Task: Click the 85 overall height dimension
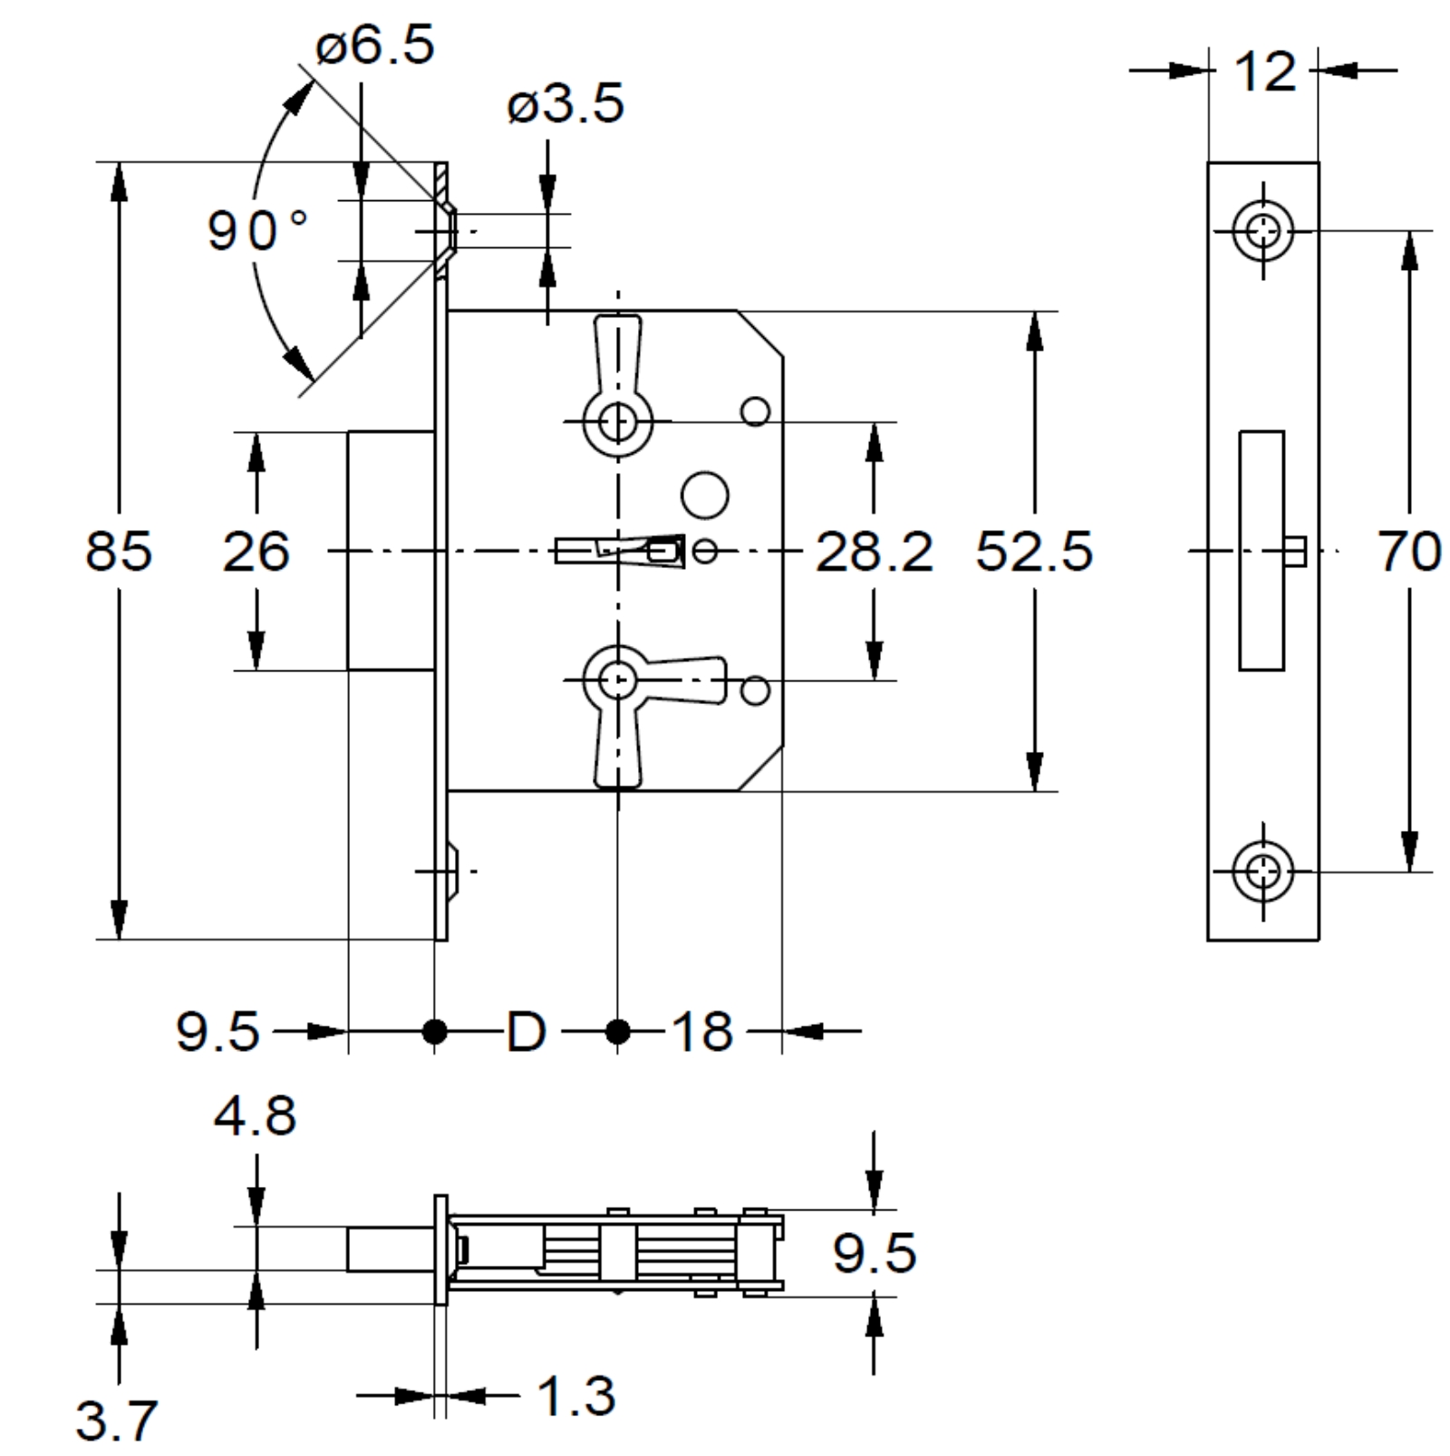point(119,551)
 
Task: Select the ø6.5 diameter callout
point(375,45)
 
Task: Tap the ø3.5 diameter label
point(566,104)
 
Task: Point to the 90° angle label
point(257,229)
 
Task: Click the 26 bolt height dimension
point(256,551)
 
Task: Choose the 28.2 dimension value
point(874,551)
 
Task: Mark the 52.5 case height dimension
point(1034,551)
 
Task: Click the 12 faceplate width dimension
point(1265,72)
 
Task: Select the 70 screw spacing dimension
point(1409,551)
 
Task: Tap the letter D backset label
point(527,1031)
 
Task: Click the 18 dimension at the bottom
point(702,1031)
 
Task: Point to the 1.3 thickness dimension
point(577,1395)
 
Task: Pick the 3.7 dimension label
point(116,1420)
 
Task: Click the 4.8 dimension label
point(256,1115)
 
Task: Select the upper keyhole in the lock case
point(617,421)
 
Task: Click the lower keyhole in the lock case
point(617,680)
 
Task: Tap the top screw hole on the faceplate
point(1263,231)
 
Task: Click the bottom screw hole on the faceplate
point(1263,872)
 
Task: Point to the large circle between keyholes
point(704,495)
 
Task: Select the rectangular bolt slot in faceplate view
point(1261,551)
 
